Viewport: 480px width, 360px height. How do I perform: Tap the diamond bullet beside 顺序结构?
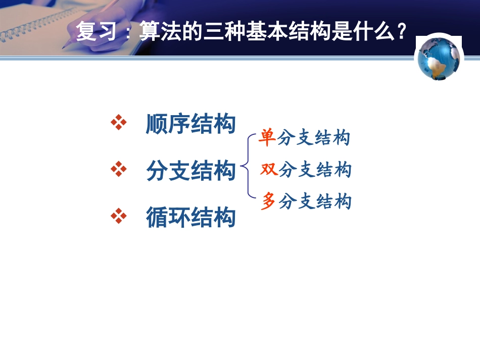[x=118, y=123]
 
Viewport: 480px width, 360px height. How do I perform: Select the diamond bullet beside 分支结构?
[x=118, y=170]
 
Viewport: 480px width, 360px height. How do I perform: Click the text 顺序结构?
[x=190, y=123]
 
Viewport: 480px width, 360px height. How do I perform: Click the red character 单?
[x=267, y=137]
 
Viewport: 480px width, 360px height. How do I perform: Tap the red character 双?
[x=269, y=169]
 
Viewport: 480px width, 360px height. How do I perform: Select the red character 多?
[x=268, y=202]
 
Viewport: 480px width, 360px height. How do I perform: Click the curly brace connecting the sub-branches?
[x=246, y=165]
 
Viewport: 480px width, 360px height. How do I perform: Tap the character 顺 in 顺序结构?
[x=157, y=123]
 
